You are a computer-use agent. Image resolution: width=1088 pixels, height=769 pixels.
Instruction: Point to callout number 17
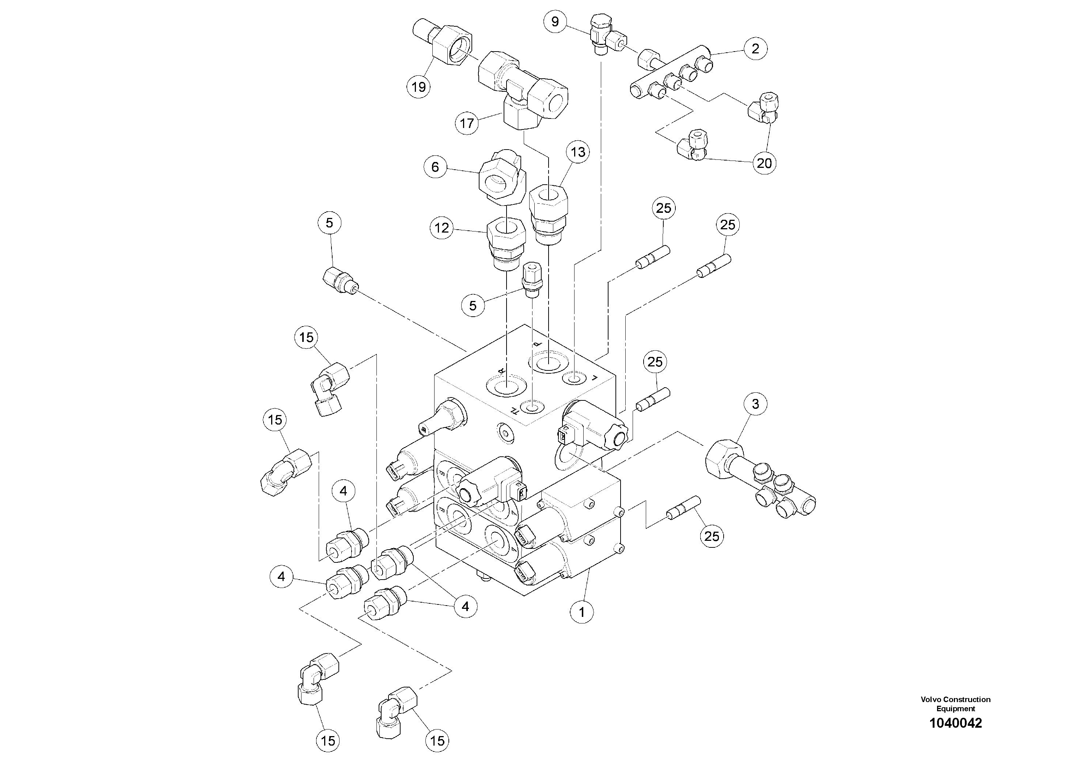coord(467,123)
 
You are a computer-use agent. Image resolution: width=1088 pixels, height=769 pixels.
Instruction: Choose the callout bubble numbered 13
coord(578,152)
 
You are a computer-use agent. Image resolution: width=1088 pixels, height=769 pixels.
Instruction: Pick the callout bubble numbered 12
coord(441,228)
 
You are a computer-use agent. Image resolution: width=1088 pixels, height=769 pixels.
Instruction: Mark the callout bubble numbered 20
coord(764,163)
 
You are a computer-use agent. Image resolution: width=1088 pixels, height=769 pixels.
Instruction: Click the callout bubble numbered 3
coord(755,404)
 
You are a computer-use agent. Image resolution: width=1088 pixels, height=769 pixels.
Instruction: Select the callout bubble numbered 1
coord(582,612)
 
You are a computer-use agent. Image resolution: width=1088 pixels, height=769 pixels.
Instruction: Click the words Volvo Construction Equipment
coord(955,704)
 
